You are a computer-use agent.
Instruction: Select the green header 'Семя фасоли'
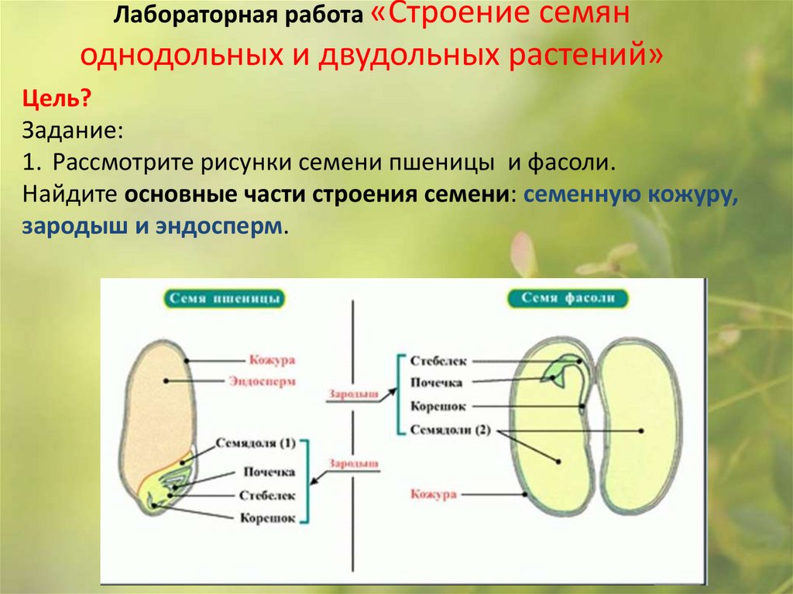(568, 298)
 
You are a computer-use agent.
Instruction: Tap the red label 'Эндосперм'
(263, 381)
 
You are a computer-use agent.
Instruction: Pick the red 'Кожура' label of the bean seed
(434, 494)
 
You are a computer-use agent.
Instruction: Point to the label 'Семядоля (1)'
(256, 444)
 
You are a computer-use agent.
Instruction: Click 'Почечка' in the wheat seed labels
(269, 472)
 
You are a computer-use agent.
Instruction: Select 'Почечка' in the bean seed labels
(436, 383)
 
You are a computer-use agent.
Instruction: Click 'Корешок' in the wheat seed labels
(267, 518)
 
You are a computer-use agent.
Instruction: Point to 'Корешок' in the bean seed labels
(438, 406)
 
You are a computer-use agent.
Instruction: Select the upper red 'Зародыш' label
(353, 393)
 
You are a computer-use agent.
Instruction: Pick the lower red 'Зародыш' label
(353, 462)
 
